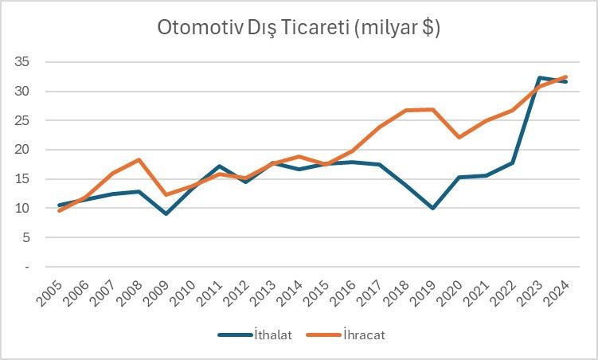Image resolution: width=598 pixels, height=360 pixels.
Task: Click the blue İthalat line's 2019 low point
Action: (x=432, y=208)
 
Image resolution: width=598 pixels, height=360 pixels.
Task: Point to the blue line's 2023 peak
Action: (x=540, y=77)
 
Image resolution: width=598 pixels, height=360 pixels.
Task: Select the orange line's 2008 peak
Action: (x=139, y=160)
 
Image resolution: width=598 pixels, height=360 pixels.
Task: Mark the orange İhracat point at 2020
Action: (x=459, y=137)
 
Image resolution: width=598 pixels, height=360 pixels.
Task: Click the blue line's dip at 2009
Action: (x=166, y=213)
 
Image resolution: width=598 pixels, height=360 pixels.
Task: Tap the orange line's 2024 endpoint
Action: (x=566, y=76)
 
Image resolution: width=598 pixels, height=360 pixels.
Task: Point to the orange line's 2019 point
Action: (x=432, y=109)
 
